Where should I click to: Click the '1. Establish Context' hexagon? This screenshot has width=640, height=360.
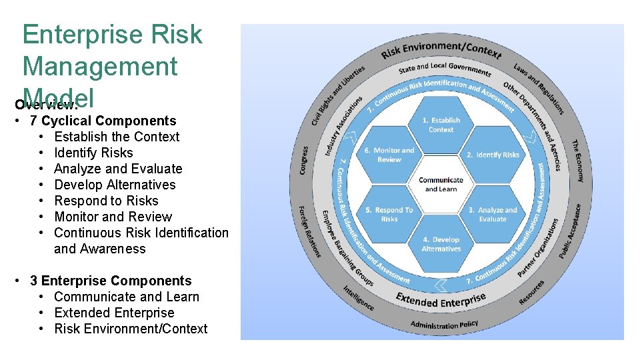click(x=441, y=125)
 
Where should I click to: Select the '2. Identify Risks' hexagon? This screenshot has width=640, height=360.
click(x=493, y=155)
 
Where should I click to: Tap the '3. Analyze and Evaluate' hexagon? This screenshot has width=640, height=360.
click(x=493, y=214)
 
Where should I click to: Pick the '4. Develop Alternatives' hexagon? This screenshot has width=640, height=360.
click(x=441, y=244)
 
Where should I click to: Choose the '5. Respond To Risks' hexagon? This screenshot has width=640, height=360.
click(x=389, y=214)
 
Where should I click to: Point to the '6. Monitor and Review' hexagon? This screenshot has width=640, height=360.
click(x=389, y=155)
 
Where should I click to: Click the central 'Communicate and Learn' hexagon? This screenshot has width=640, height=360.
click(x=441, y=184)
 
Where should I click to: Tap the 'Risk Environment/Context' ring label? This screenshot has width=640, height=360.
click(x=442, y=50)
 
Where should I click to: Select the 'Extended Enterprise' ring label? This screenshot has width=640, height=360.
click(x=441, y=299)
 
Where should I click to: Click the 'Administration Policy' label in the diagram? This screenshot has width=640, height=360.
click(x=444, y=325)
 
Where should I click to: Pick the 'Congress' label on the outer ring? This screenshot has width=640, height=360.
click(x=304, y=161)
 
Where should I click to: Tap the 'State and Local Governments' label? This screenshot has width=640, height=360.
click(x=445, y=69)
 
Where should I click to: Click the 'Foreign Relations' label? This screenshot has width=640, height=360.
click(x=309, y=231)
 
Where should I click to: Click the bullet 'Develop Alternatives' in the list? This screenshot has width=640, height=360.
click(x=115, y=185)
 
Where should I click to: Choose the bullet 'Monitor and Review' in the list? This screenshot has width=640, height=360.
click(x=113, y=217)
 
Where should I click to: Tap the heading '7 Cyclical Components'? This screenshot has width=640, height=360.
click(x=103, y=121)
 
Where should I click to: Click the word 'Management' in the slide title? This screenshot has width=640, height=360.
click(x=100, y=67)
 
